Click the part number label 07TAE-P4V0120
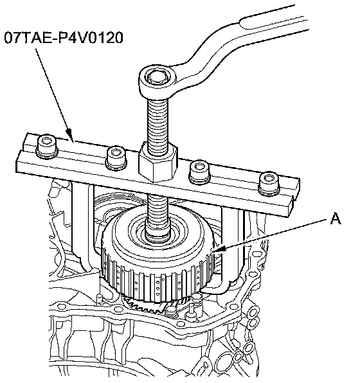(64, 38)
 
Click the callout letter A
(336, 218)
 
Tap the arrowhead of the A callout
(218, 249)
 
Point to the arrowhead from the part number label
(69, 136)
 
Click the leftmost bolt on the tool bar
(47, 147)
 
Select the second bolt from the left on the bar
(116, 157)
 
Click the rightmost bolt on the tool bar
(269, 184)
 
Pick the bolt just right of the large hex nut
(199, 172)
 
